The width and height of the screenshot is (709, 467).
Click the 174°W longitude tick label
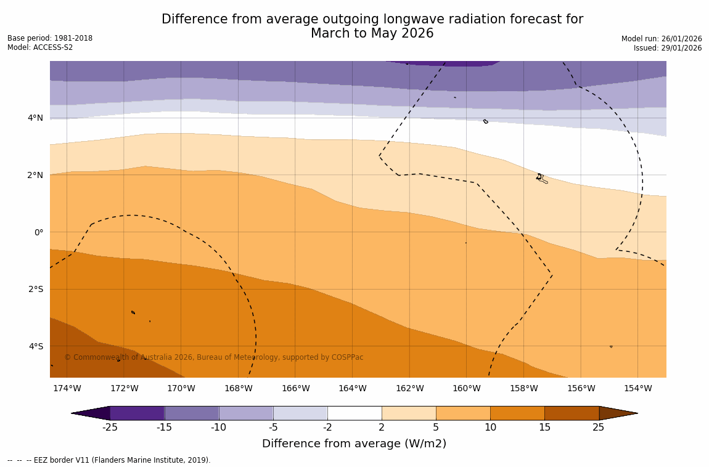[67, 388]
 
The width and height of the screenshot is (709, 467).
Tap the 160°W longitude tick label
[466, 388]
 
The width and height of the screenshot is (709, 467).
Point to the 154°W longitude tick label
[637, 388]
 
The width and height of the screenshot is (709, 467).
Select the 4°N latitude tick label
[35, 118]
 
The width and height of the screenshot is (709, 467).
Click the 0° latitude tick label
[38, 232]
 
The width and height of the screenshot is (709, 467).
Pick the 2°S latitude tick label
[35, 289]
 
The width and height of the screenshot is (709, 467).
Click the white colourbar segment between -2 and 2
[354, 413]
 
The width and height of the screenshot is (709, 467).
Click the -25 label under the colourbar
[110, 428]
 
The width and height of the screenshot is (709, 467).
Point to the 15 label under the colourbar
[544, 428]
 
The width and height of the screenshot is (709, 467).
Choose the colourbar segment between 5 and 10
[463, 413]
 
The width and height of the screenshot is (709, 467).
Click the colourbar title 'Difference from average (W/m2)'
[354, 444]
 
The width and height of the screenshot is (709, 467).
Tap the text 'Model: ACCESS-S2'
[40, 47]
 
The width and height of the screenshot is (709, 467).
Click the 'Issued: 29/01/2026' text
[668, 48]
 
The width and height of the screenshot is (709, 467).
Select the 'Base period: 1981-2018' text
[50, 38]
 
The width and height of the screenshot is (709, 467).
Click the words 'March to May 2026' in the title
[372, 33]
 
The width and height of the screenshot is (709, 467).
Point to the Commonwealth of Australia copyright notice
[214, 357]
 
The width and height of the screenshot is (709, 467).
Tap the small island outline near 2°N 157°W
[541, 179]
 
